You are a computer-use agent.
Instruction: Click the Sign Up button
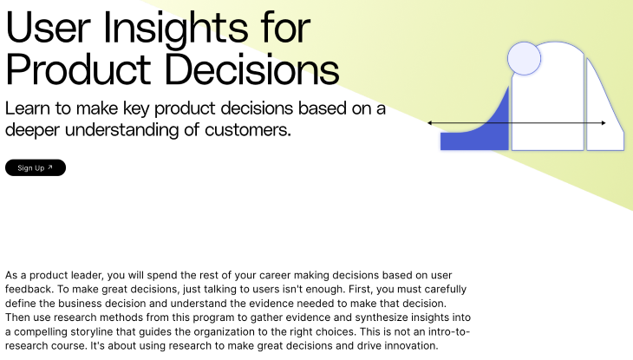(x=36, y=167)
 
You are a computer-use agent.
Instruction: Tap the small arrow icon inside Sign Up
(x=50, y=167)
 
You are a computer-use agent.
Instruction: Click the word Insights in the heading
(x=176, y=29)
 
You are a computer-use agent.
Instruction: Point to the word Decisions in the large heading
(x=252, y=69)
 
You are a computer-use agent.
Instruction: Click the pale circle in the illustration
(x=524, y=59)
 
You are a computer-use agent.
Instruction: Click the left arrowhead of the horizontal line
(x=430, y=122)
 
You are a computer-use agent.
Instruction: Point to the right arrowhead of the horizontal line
(x=604, y=123)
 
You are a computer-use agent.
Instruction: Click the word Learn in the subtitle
(x=28, y=108)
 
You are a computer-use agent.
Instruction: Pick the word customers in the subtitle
(x=247, y=130)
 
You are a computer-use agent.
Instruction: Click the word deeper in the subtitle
(x=33, y=130)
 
